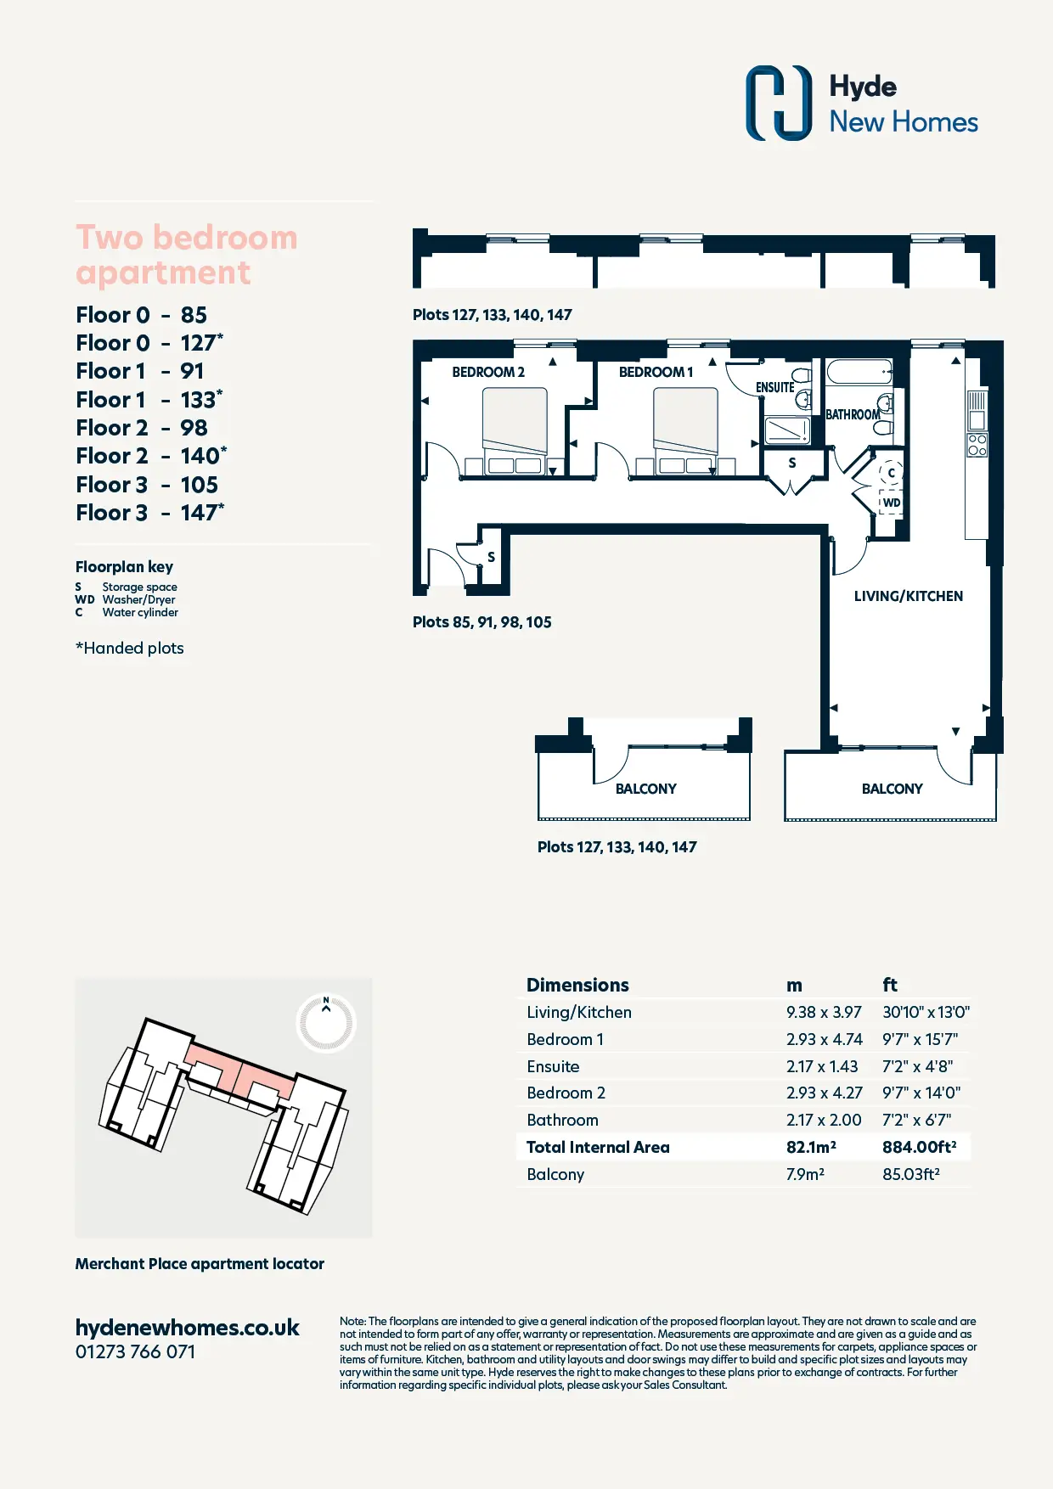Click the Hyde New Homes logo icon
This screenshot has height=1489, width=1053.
779,103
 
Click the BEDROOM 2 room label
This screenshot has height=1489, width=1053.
488,372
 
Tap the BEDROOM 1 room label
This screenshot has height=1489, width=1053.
656,372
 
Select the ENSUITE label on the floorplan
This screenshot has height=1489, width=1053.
775,387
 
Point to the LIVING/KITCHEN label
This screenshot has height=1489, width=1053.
909,596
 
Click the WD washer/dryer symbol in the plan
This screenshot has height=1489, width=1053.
891,503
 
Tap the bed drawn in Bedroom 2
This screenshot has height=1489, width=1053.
515,430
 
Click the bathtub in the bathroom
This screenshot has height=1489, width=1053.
860,372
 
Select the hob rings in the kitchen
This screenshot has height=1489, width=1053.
977,445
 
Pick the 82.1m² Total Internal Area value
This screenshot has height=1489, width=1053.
811,1147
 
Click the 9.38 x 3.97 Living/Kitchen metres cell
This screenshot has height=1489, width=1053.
824,1012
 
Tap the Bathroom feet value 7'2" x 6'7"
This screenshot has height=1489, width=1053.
916,1120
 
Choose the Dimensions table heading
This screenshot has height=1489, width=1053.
577,985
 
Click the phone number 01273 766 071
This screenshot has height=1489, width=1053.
135,1351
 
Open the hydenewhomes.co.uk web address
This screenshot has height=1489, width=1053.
187,1328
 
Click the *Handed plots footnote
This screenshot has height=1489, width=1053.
130,648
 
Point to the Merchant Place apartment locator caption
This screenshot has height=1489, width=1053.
200,1263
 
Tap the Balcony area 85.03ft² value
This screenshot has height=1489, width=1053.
911,1174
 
